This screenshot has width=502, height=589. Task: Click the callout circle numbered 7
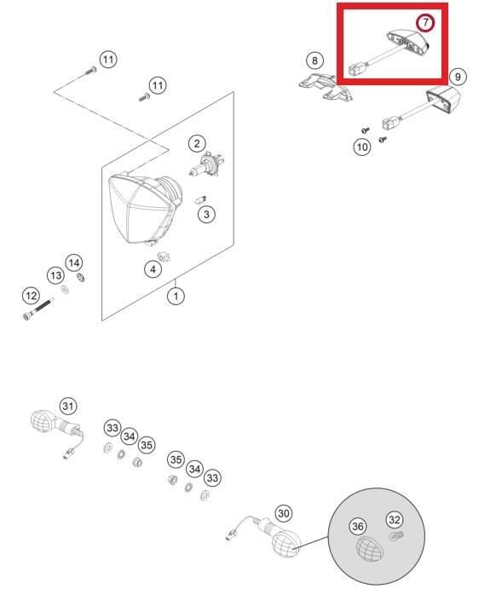point(425,23)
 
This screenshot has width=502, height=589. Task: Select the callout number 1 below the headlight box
point(176,297)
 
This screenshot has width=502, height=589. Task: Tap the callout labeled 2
point(197,143)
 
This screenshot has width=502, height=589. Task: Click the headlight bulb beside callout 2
point(205,165)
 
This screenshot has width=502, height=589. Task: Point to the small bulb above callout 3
point(201,199)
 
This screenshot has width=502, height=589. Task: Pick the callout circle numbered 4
point(153,269)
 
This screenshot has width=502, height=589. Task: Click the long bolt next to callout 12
point(38,309)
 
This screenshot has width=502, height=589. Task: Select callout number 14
point(74,263)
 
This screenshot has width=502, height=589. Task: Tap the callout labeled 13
point(56,275)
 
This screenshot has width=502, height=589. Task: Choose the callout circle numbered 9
point(458,77)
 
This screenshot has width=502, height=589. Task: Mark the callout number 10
point(362,147)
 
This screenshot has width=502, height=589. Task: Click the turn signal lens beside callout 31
point(42,421)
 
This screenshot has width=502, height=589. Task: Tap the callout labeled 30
point(284,513)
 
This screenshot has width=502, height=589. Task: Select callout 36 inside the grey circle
point(358,526)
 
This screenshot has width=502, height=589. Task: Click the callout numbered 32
point(395,519)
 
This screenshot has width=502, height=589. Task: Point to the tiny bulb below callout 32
point(395,535)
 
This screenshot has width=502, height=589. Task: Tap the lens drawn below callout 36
point(369,549)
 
